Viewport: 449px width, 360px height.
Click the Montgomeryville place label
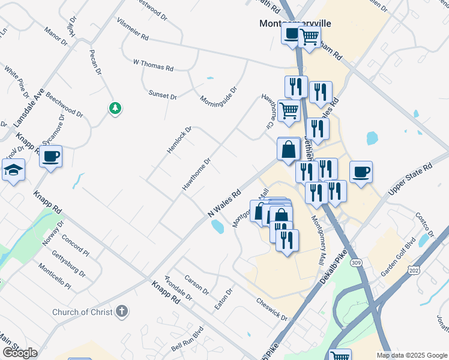[295, 23]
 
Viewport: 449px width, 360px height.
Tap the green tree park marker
[115, 109]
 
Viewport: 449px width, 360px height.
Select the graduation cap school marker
[13, 171]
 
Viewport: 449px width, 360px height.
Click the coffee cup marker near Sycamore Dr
[51, 157]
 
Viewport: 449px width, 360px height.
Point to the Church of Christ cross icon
[122, 311]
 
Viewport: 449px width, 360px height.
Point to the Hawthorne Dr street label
[197, 175]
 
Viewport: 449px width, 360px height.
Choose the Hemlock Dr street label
[179, 139]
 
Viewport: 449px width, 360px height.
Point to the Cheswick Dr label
[272, 310]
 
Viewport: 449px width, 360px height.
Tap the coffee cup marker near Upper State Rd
[361, 172]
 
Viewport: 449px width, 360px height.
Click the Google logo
[20, 353]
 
